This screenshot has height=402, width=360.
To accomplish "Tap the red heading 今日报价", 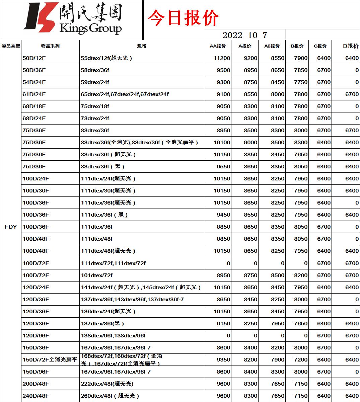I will tap(183, 18).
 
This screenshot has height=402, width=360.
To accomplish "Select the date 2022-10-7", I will tap(245, 35).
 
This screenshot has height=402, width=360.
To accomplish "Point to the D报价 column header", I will tap(351, 46).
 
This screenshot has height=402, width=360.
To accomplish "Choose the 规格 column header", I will tap(142, 46).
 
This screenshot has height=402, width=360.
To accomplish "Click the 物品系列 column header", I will tap(50, 46).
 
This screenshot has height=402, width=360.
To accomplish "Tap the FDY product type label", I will tap(11, 227).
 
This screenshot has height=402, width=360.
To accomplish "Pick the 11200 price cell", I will tap(222, 58).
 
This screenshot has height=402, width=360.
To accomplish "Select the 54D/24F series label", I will tap(34, 82).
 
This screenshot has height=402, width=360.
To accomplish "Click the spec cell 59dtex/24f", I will tap(95, 82).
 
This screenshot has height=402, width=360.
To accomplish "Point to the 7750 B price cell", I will tap(300, 82).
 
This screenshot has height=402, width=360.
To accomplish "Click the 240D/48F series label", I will tap(36, 396).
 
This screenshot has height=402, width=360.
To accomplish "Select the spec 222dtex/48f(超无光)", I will tap(107, 384).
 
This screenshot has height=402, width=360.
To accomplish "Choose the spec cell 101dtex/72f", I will tap(97, 275).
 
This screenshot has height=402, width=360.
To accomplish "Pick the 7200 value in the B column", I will tap(300, 360).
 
